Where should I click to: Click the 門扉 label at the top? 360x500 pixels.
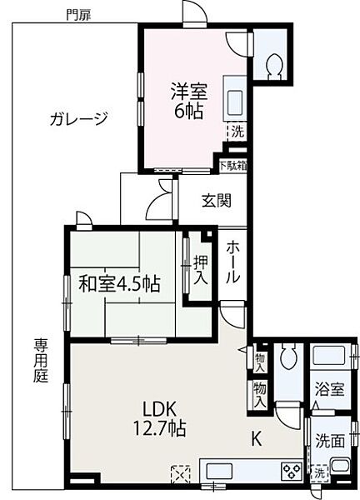[80, 13]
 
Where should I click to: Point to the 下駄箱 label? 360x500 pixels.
[233, 165]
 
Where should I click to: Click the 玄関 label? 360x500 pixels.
[216, 200]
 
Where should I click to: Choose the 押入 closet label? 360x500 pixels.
[201, 269]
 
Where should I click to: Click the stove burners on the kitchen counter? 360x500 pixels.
[293, 472]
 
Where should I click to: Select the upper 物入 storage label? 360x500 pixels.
[260, 362]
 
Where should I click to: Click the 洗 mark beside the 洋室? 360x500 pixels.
[237, 131]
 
